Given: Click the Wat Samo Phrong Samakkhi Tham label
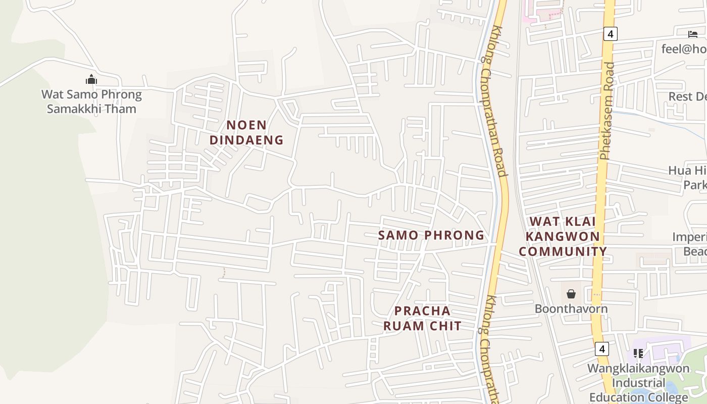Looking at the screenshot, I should pos(91,102).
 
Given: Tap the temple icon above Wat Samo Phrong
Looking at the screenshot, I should pos(91,79).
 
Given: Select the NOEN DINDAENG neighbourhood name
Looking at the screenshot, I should pos(246,132).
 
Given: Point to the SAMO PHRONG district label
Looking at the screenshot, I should pos(431,235).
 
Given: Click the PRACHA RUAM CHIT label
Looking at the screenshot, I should pos(422,318).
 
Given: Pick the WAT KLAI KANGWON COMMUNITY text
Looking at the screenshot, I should pos(563,236).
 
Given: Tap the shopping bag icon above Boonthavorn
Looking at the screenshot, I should pos(571,294).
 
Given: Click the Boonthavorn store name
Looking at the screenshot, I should pos(571,309).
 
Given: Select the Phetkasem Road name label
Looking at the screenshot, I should pos(608,111).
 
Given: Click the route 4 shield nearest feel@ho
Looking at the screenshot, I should pos(611,34).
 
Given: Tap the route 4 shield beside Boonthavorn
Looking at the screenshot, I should pos(601,349).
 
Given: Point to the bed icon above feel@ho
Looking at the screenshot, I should pos(692,34).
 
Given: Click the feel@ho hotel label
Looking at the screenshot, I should pos(684,49).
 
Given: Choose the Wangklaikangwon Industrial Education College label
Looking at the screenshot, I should pos(638,382).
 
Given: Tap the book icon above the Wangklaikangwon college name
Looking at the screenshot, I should pos(638,353).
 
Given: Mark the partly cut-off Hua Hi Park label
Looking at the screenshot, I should pos(688,178).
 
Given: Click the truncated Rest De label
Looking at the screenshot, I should pos(687,96).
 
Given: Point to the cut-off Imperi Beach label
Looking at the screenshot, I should pos(689,244).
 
